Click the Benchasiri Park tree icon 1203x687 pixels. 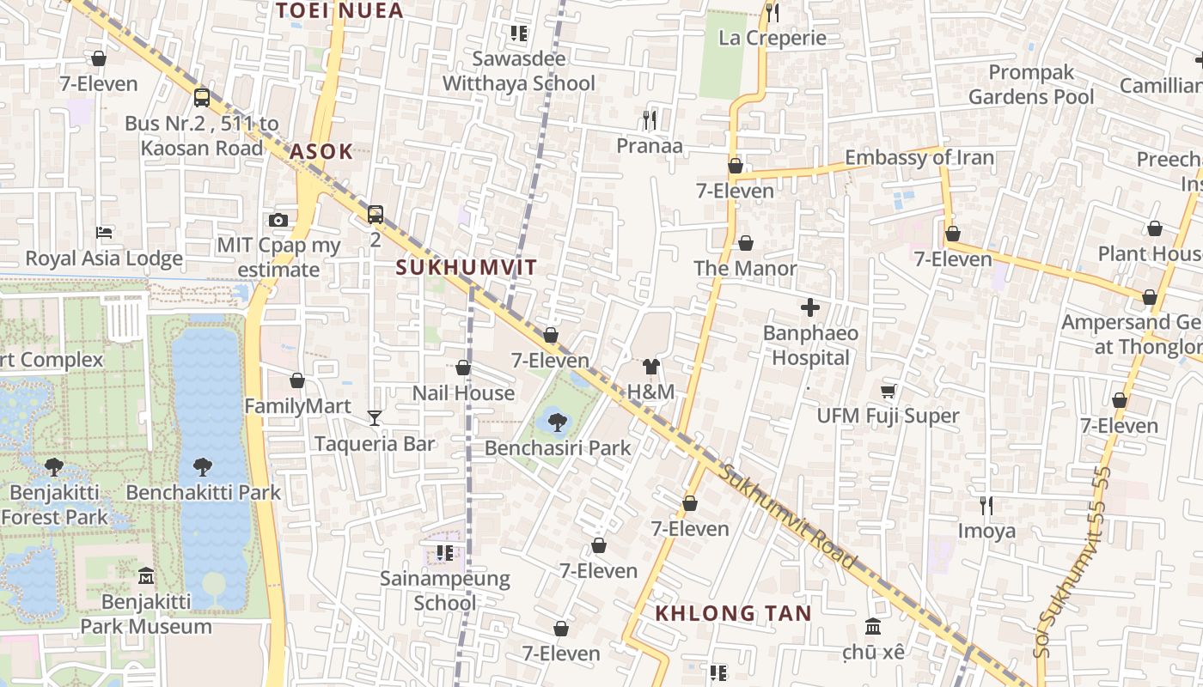point(557,422)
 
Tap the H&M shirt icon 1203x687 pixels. point(650,367)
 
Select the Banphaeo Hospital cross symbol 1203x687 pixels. point(809,307)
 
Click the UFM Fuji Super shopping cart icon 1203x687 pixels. point(888,391)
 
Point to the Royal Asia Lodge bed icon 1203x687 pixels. point(104,233)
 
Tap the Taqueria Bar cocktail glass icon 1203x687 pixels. point(375,417)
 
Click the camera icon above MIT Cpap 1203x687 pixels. point(278,220)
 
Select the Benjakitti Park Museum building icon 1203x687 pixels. point(146,575)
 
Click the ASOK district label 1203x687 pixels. point(321,152)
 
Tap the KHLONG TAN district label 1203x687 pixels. point(733,613)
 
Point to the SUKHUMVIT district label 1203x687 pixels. point(467,267)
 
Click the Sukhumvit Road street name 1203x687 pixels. point(789,517)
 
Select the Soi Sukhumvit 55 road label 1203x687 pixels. point(1071,562)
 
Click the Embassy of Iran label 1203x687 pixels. point(919,157)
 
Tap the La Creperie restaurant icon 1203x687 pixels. point(772,12)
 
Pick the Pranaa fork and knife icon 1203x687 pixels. point(650,119)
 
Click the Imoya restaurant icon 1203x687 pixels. point(986,505)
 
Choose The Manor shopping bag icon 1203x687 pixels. point(746,243)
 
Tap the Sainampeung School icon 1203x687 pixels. point(444,552)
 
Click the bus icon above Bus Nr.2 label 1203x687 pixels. point(202,97)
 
